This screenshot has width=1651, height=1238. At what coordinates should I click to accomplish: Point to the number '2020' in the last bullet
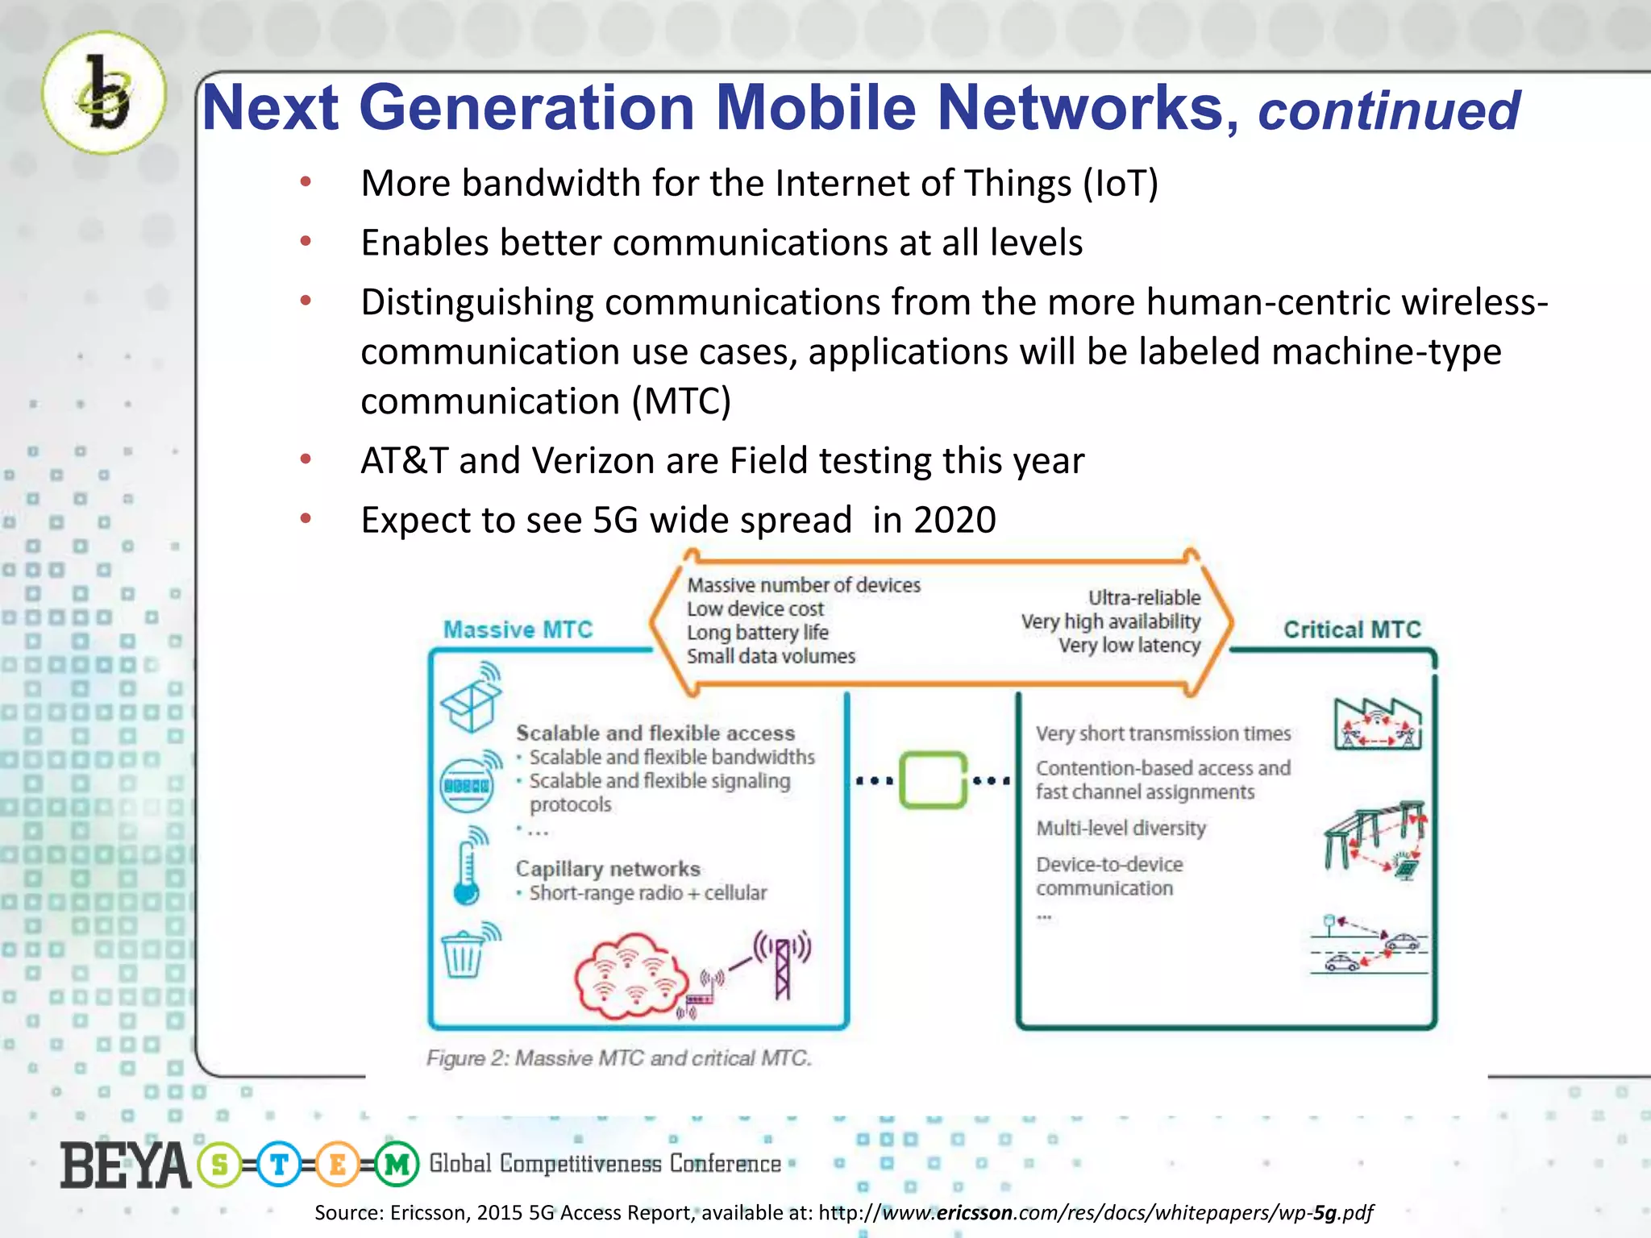(954, 520)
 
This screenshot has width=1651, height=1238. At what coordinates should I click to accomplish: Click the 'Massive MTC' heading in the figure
(518, 629)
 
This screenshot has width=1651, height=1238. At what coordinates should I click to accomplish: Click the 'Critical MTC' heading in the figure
(1352, 629)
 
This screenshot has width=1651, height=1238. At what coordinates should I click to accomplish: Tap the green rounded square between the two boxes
(933, 779)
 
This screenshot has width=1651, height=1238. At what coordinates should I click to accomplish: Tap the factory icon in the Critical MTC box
(1377, 723)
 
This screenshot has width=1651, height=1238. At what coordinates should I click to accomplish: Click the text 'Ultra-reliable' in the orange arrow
(1143, 597)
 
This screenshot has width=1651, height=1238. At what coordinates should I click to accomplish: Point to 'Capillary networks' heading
(608, 869)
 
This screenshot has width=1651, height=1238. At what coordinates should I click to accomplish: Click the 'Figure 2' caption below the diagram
(618, 1058)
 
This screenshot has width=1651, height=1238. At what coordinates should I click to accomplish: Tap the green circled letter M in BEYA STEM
(397, 1165)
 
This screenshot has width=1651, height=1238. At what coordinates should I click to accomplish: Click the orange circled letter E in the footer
(337, 1165)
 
